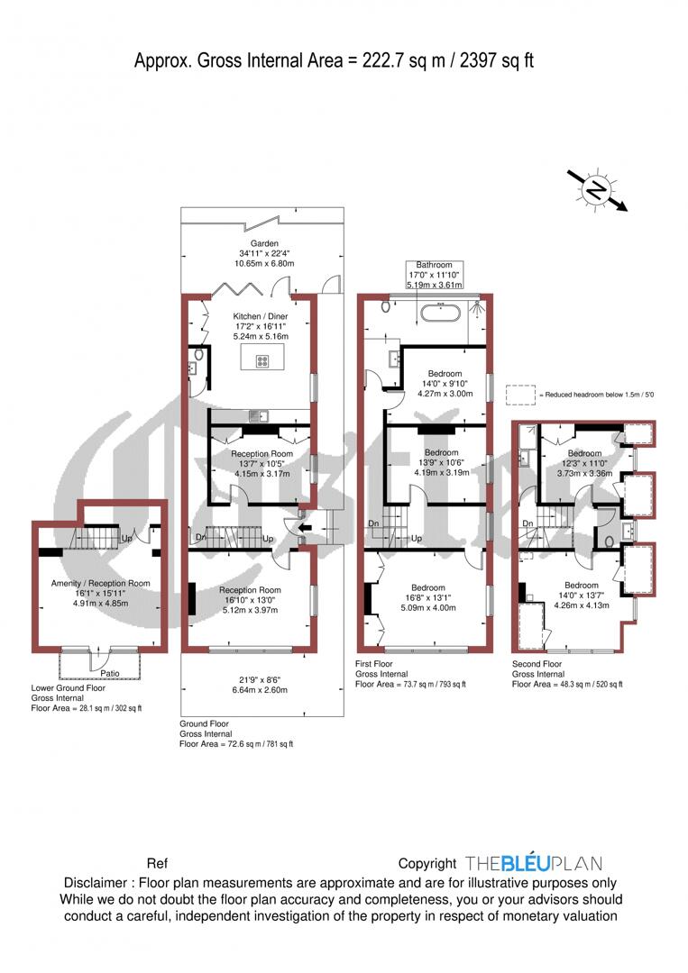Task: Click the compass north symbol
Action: (x=596, y=189)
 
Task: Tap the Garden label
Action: (x=264, y=243)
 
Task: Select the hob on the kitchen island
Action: (x=262, y=360)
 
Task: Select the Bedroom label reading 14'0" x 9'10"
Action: (x=444, y=374)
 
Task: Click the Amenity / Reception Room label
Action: (x=100, y=584)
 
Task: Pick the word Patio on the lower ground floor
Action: (x=111, y=672)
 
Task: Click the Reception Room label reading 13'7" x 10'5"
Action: (x=261, y=454)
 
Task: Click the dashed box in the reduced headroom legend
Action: (x=520, y=396)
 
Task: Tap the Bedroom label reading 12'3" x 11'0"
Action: (x=583, y=453)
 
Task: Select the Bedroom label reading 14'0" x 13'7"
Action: (x=581, y=586)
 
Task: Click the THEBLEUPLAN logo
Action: (x=533, y=863)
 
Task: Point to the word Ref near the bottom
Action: (x=157, y=863)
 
